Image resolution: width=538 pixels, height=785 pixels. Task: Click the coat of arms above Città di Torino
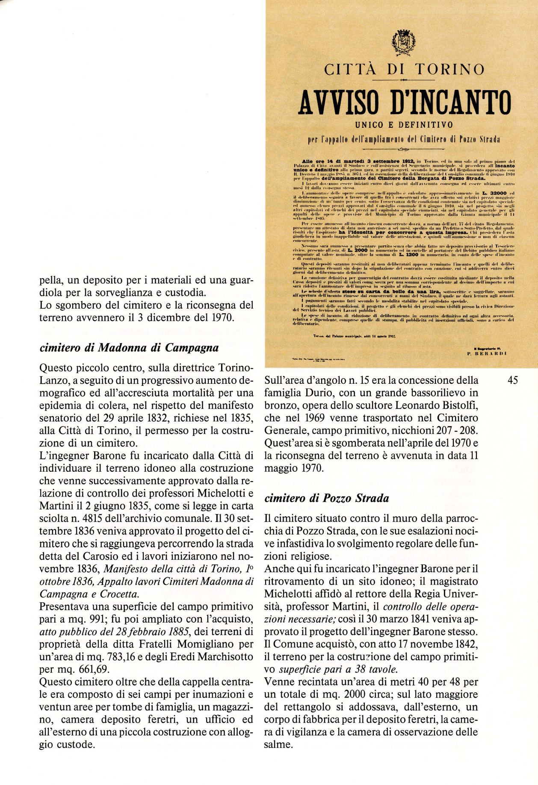[402, 43]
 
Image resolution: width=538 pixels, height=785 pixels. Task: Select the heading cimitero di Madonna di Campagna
[129, 347]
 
